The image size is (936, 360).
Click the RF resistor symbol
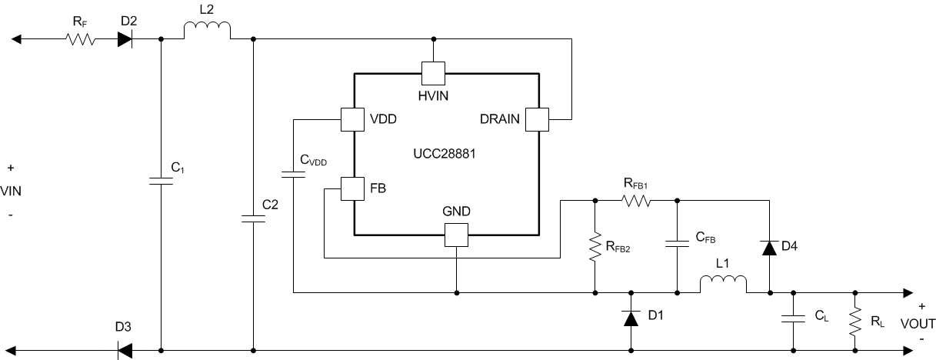click(81, 38)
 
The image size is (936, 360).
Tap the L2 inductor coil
click(207, 31)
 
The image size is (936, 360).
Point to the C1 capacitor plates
click(161, 182)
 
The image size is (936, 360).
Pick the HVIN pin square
click(434, 74)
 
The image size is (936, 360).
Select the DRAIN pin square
click(536, 119)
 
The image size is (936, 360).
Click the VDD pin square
click(352, 119)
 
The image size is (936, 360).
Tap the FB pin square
click(352, 188)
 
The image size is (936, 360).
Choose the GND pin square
click(457, 235)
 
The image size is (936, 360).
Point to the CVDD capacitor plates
click(293, 175)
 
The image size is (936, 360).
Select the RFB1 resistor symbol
click(636, 201)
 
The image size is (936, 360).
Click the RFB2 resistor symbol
click(595, 247)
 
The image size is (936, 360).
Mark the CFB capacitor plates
click(678, 244)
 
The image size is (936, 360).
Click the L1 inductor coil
click(723, 285)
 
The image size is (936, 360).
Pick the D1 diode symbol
click(631, 318)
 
